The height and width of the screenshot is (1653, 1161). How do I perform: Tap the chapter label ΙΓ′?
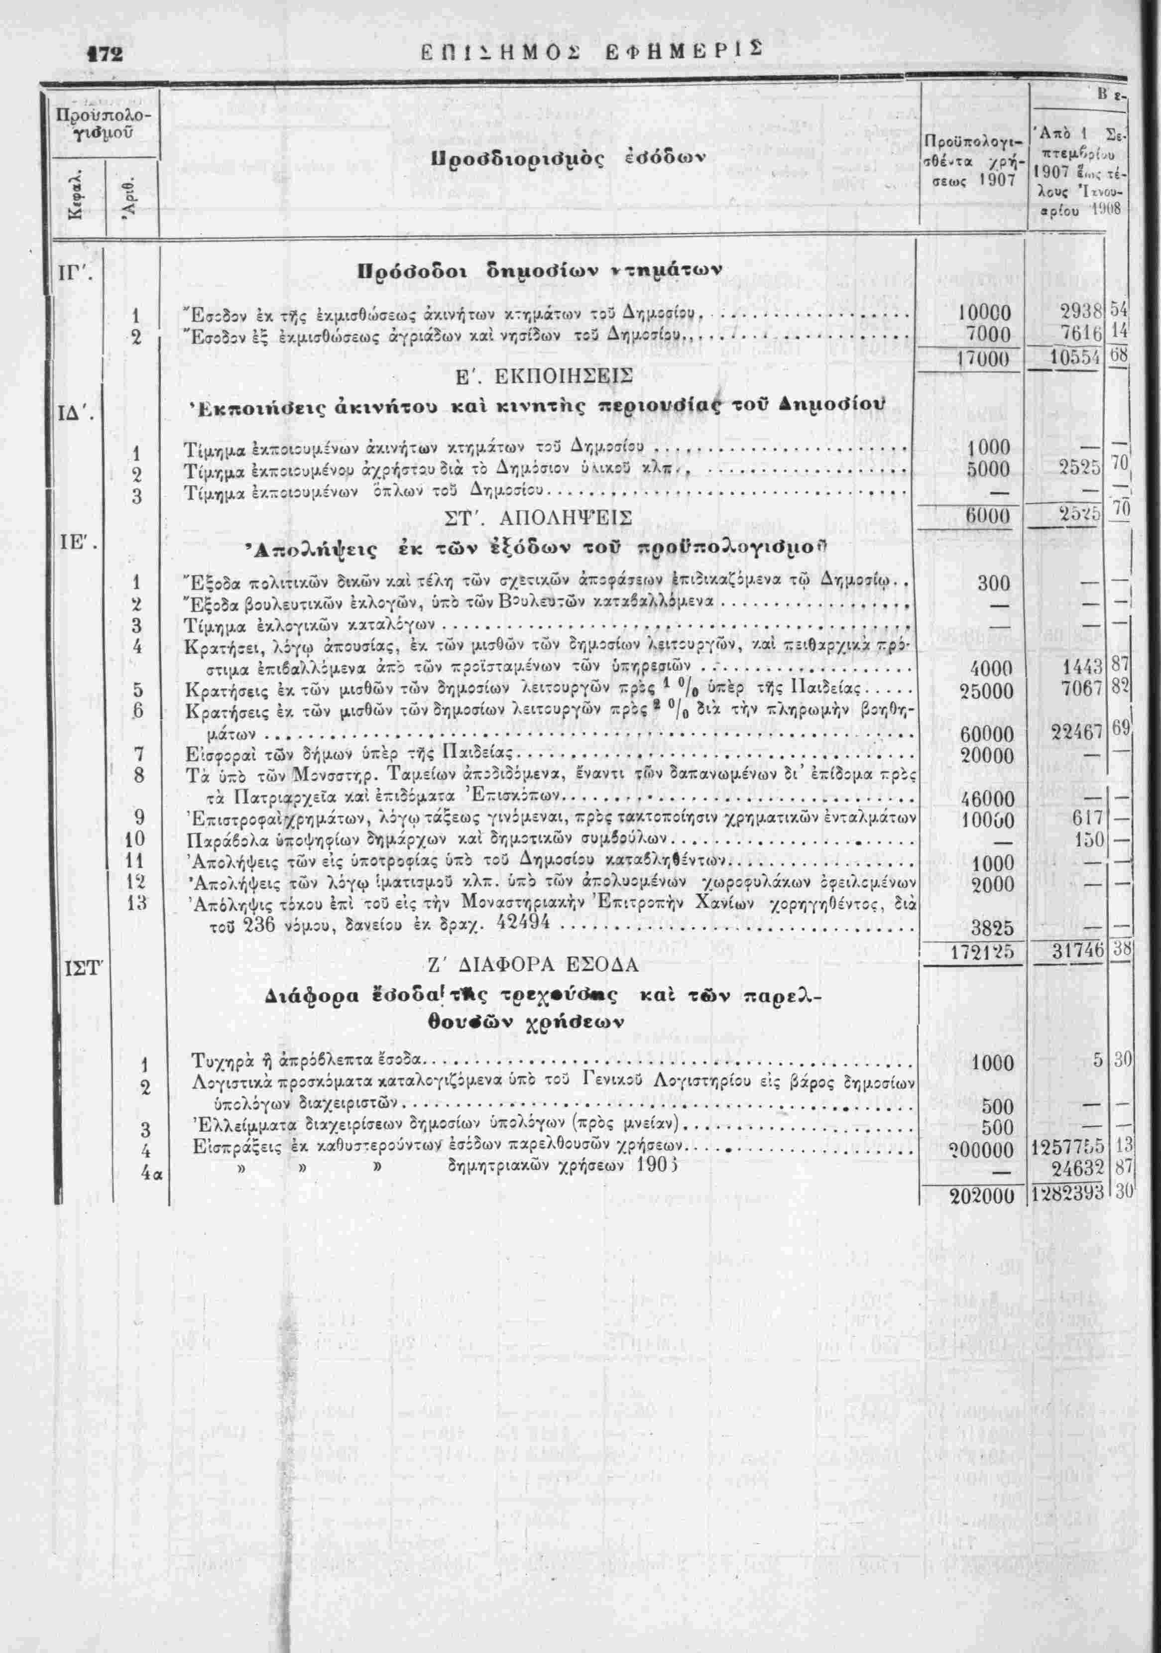click(73, 273)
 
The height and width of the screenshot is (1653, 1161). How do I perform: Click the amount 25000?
click(987, 691)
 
